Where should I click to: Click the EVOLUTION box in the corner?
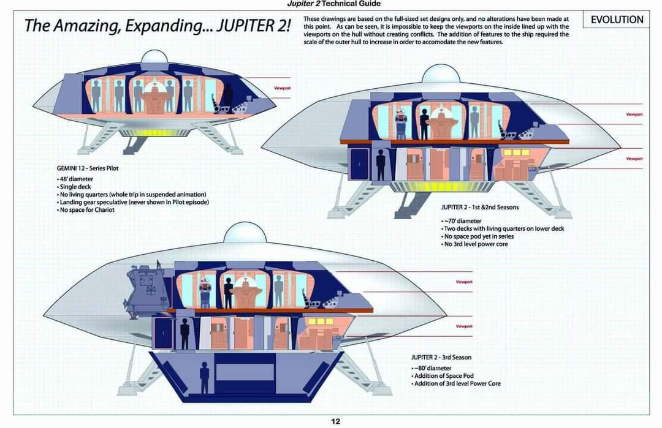(617, 20)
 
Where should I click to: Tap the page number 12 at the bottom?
(335, 421)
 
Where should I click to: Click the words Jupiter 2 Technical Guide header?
(333, 4)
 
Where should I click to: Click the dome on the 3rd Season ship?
(245, 233)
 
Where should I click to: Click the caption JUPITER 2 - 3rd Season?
(441, 357)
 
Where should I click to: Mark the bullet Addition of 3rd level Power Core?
(457, 384)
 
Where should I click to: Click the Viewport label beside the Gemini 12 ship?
(283, 88)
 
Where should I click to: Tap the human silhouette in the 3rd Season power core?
(204, 377)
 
